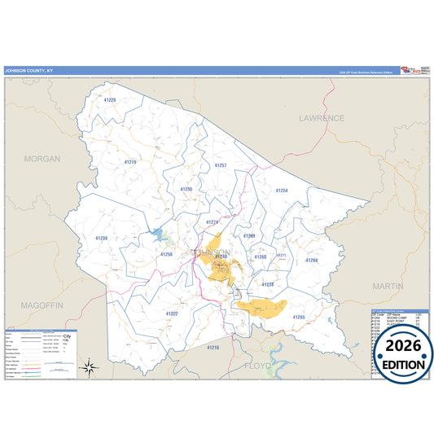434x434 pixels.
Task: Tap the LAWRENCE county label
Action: click(x=321, y=118)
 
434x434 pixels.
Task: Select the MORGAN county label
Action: click(x=42, y=159)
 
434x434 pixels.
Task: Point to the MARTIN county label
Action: click(x=387, y=287)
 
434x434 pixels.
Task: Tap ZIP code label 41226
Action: click(x=110, y=100)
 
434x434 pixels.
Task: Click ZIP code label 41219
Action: click(x=129, y=162)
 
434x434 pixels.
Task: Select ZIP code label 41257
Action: click(x=220, y=165)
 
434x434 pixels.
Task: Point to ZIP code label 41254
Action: click(x=282, y=191)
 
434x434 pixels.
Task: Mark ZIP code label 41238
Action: click(x=101, y=238)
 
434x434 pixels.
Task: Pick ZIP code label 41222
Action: click(x=172, y=313)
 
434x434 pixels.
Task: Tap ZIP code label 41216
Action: click(x=213, y=347)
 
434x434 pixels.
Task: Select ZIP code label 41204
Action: click(x=311, y=261)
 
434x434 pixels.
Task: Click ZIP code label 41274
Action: click(x=213, y=221)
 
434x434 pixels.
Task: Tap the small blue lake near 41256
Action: click(x=157, y=237)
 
